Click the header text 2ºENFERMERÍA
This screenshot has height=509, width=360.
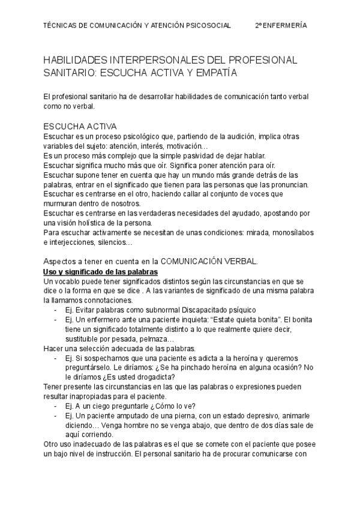[x=281, y=26]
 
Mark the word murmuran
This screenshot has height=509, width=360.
[x=61, y=203]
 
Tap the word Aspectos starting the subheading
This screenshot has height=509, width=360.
[x=62, y=261]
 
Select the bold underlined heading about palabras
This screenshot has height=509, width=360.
[x=100, y=271]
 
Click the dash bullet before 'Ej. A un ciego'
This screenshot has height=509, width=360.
[x=56, y=406]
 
